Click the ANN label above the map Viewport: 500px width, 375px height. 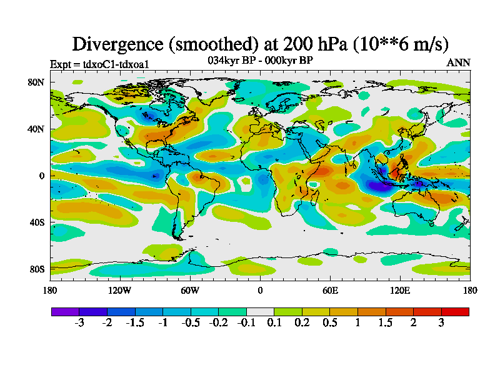[x=459, y=62]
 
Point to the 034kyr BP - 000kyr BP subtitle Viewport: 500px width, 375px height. [x=260, y=60]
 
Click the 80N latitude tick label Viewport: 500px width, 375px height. [x=38, y=82]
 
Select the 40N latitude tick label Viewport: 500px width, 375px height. [x=38, y=129]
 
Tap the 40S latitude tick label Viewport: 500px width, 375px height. [x=38, y=222]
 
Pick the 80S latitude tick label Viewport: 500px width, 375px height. [x=38, y=269]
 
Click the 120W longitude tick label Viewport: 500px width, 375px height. [x=120, y=290]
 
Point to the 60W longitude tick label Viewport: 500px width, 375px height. [x=190, y=290]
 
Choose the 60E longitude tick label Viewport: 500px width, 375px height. [x=330, y=290]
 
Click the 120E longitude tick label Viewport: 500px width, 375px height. [x=400, y=290]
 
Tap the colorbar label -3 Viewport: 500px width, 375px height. [x=79, y=323]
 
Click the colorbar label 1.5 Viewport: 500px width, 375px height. [x=386, y=323]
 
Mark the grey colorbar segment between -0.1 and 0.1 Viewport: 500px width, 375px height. [x=260, y=311]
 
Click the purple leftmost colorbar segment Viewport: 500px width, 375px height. [x=65, y=311]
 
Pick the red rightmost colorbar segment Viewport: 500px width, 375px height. [x=455, y=311]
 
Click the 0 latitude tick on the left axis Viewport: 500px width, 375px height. [x=42, y=176]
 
